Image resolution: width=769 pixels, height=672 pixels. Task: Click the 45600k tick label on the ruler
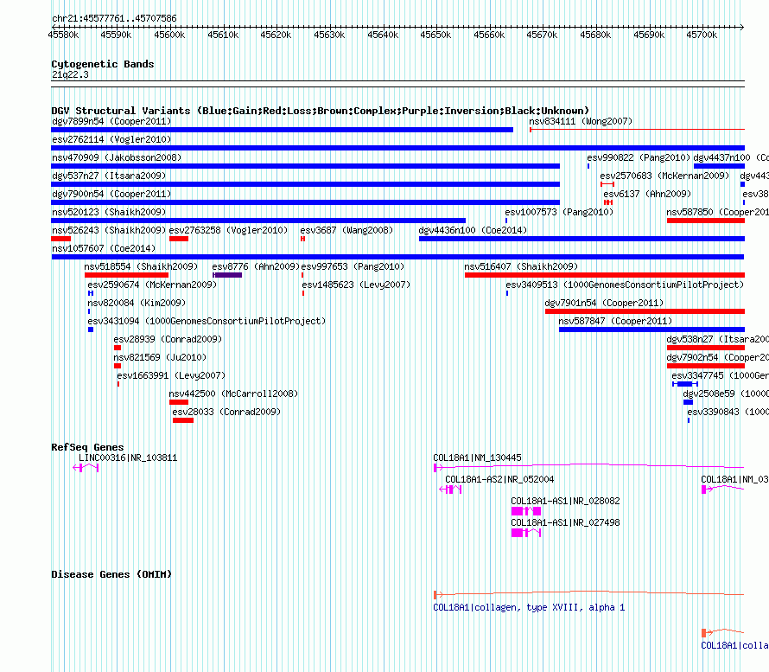[169, 35]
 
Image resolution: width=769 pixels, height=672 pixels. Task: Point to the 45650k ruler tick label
[435, 35]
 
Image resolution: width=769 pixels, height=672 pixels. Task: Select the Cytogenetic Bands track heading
[102, 64]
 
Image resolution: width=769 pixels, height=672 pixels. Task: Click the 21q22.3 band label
[70, 74]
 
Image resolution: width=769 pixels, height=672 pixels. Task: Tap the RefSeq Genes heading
[87, 447]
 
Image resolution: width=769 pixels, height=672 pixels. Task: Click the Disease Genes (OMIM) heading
[111, 574]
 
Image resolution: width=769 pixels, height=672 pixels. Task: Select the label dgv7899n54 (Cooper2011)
[111, 122]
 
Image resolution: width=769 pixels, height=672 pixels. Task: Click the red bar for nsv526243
[60, 239]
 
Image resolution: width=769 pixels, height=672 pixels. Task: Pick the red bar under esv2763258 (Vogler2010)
[178, 239]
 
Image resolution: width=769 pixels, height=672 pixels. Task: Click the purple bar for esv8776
[227, 275]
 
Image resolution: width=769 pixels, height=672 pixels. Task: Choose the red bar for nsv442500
[178, 402]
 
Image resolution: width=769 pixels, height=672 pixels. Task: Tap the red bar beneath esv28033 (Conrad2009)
[182, 420]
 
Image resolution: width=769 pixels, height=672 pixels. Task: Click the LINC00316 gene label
[128, 458]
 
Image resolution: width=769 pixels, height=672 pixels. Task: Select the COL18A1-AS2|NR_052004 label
[499, 479]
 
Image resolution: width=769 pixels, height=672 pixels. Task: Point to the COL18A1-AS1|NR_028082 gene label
[565, 501]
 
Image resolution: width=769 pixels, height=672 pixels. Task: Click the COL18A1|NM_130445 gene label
[477, 458]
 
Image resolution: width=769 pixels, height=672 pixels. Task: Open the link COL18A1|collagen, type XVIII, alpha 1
[529, 607]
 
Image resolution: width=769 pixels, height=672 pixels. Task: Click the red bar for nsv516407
[604, 275]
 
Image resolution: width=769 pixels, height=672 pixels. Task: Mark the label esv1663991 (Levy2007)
[170, 375]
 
